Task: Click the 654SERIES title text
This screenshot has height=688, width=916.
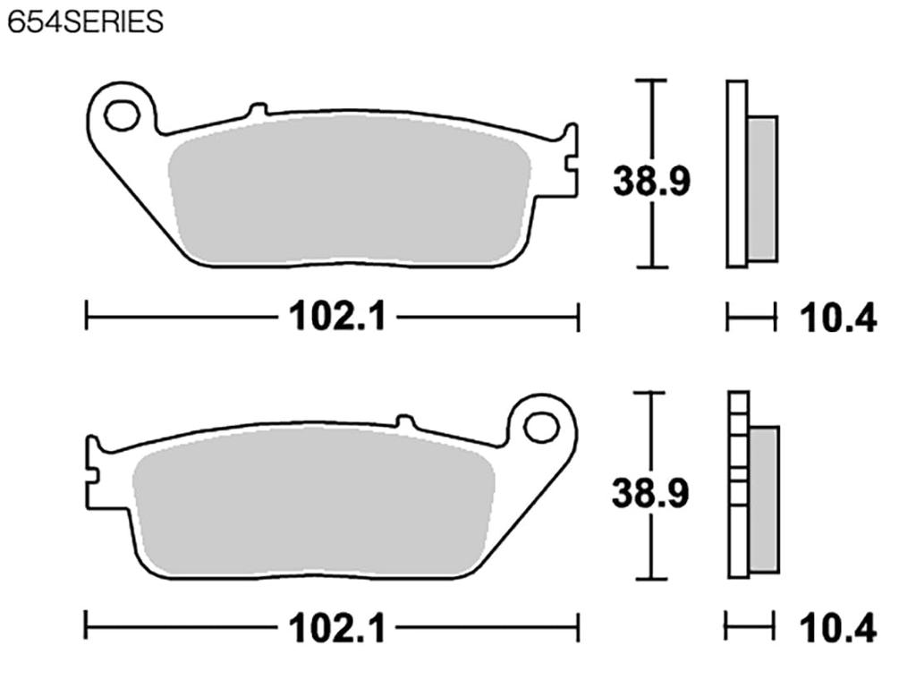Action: point(86,22)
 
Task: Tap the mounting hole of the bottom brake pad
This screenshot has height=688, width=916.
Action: point(541,426)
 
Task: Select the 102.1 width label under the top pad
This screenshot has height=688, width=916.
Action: point(336,316)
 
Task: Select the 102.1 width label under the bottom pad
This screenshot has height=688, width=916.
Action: point(336,629)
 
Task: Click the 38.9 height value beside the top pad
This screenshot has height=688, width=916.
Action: point(650,182)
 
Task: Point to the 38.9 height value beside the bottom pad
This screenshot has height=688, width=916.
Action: point(650,493)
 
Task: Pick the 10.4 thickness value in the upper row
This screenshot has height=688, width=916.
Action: point(837,318)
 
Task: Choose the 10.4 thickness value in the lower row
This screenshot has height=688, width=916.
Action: point(837,630)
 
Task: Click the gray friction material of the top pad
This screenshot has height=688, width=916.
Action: point(349,192)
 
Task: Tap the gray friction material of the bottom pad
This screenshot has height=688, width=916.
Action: point(313,505)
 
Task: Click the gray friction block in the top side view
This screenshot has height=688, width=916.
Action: point(762,188)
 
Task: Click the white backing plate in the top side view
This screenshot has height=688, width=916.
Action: point(736,174)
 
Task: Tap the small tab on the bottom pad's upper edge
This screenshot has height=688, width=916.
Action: point(405,421)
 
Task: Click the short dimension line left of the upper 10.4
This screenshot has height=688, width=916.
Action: point(750,317)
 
